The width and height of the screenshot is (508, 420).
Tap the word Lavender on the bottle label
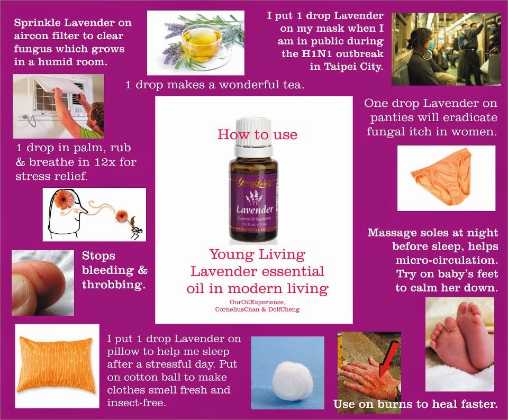click(255, 210)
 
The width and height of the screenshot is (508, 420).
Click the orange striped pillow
click(56, 364)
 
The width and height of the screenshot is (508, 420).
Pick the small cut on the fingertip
click(41, 276)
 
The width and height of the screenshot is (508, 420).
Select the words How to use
click(258, 134)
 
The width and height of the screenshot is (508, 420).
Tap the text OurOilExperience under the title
click(257, 302)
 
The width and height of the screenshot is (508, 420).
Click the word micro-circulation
click(447, 260)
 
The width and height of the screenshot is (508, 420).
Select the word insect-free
click(137, 403)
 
